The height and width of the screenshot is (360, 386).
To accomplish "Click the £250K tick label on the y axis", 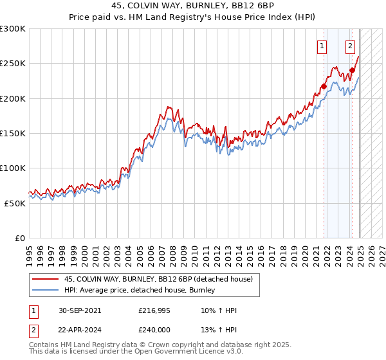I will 13,64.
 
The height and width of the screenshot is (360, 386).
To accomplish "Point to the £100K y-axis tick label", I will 13,168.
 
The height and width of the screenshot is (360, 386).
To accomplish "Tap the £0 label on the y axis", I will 20,238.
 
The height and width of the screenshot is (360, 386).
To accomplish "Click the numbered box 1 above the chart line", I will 321,46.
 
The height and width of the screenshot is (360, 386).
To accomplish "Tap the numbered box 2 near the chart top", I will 350,46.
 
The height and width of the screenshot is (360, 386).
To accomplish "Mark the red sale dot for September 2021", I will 324,86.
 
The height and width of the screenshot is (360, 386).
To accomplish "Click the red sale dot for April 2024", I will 352,70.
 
